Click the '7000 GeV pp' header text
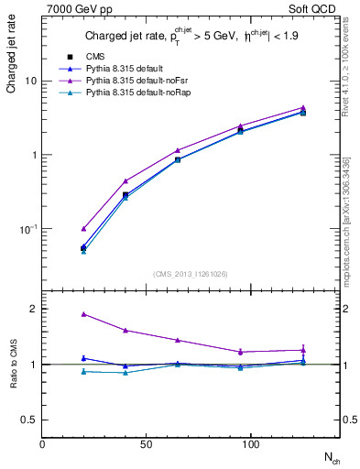75,8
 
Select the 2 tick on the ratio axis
33,309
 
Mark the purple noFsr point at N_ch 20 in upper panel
83,228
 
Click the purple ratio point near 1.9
83,314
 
